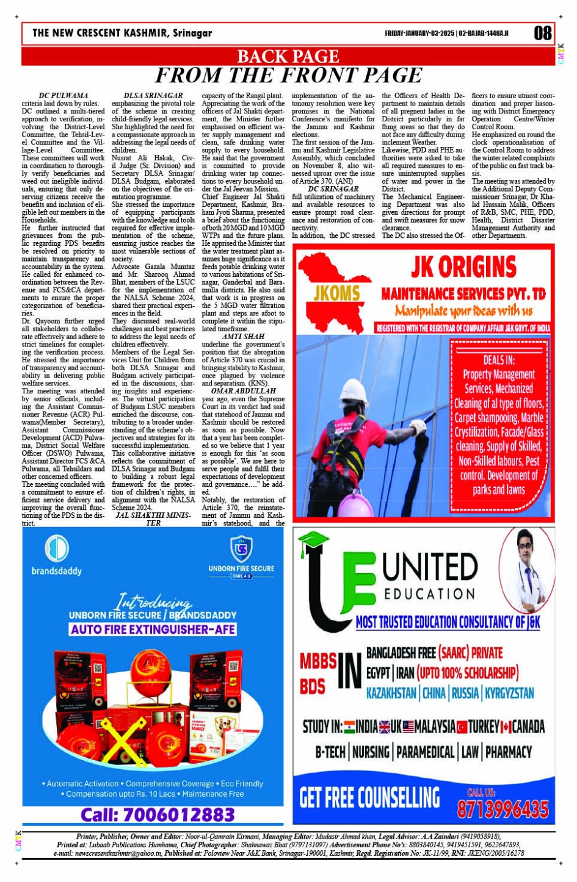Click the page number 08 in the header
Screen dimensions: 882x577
[542, 33]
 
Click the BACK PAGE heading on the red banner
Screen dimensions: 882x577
[288, 57]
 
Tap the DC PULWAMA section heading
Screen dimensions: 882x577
[64, 96]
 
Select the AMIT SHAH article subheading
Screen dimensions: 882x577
[243, 336]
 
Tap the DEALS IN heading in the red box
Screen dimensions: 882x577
[499, 360]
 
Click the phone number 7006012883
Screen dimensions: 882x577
[158, 814]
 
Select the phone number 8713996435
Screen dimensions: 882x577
[503, 809]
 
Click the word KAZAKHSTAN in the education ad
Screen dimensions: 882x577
[391, 693]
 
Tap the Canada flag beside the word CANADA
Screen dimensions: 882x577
[506, 727]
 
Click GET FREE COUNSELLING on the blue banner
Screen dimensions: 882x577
[369, 797]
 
